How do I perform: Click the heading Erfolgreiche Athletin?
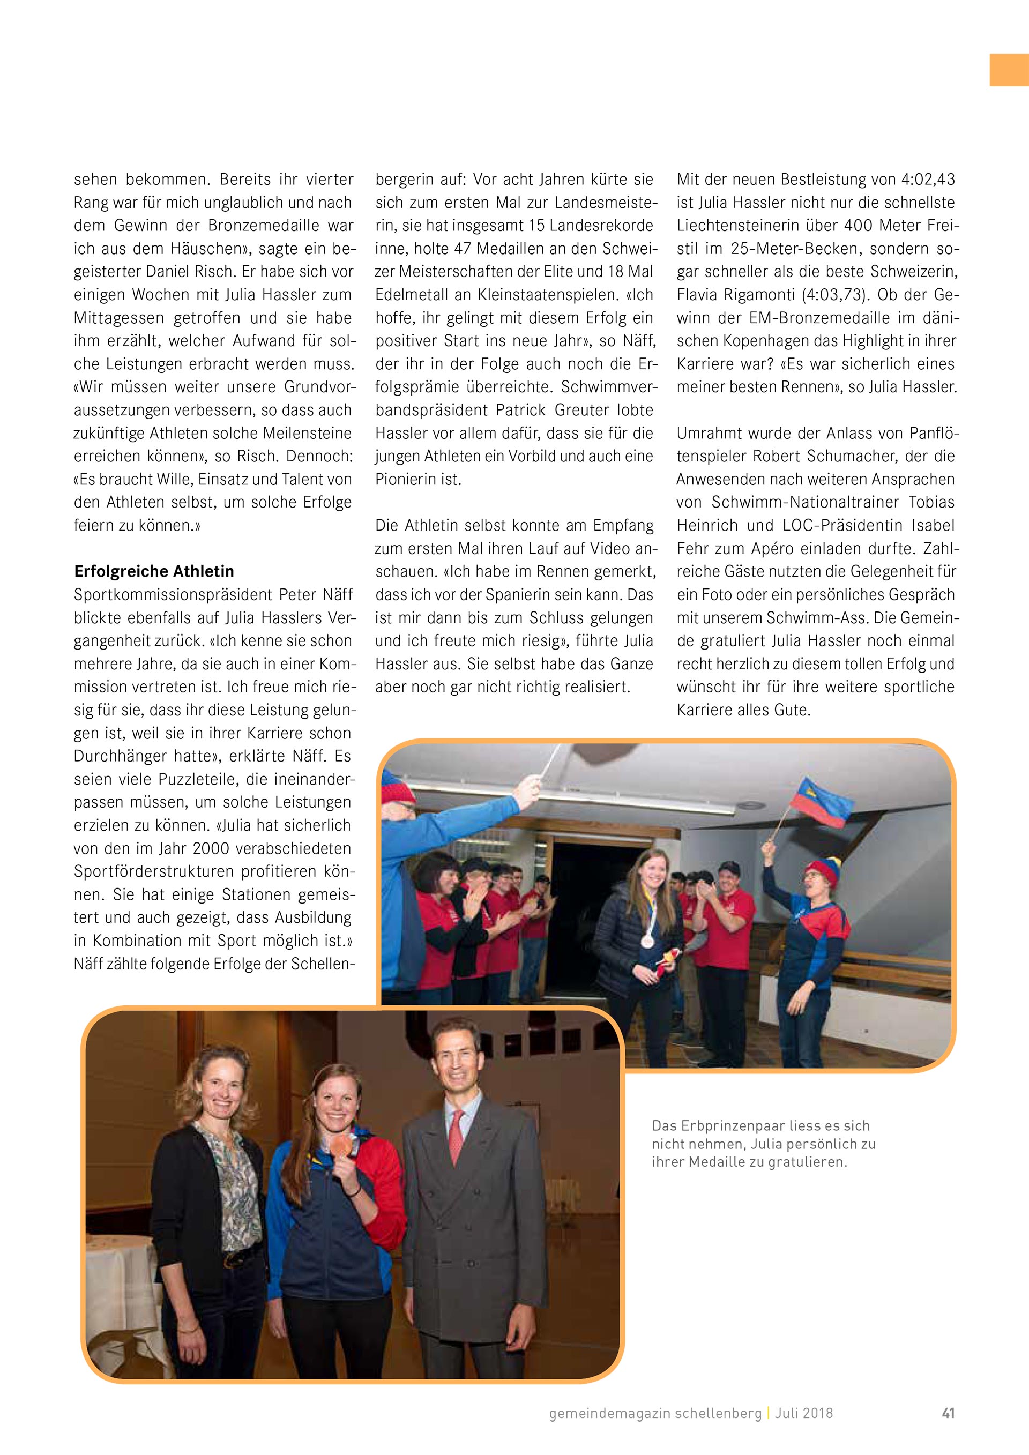(154, 572)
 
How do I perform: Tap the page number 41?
(948, 1413)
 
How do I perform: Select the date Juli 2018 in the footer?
(803, 1413)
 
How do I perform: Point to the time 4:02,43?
(928, 180)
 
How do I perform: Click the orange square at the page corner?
(1009, 70)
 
